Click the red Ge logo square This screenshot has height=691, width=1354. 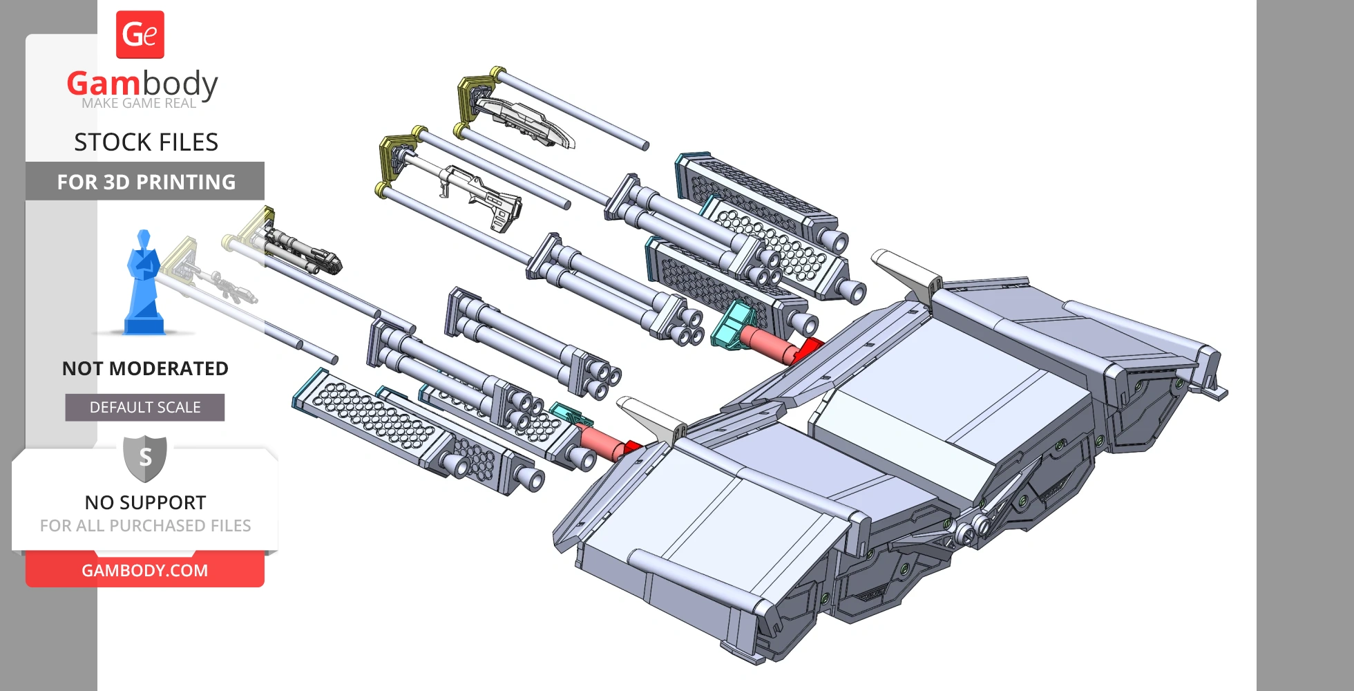pyautogui.click(x=140, y=35)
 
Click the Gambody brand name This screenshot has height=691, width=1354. pyautogui.click(x=142, y=84)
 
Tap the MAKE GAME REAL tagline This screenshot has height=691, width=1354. pyautogui.click(x=139, y=104)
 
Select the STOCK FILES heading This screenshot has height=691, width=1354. pyautogui.click(x=146, y=142)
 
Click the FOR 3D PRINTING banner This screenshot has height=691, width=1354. pyautogui.click(x=145, y=182)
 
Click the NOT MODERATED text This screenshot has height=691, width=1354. pyautogui.click(x=145, y=368)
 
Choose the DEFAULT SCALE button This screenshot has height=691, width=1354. pyautogui.click(x=145, y=408)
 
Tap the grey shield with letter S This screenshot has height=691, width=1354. pyautogui.click(x=145, y=457)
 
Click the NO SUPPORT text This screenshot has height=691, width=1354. pyautogui.click(x=145, y=502)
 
